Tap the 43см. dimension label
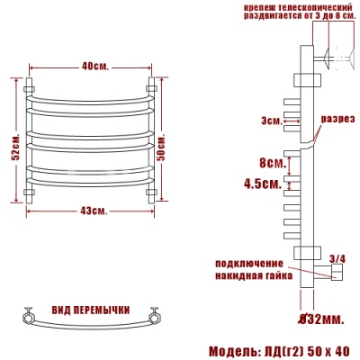coord(94,211)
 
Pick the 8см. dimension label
coord(272,164)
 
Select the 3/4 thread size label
coord(337,258)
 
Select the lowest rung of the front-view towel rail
coord(93,182)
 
